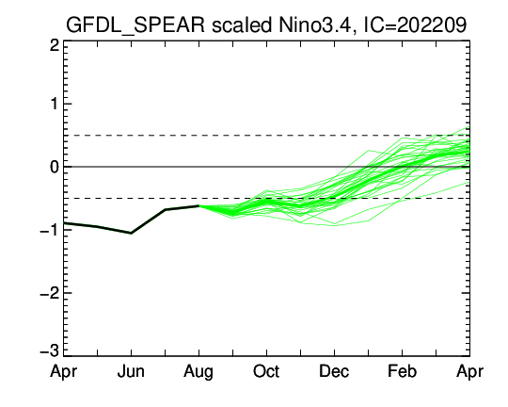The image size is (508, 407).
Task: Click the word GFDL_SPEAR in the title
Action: (x=135, y=25)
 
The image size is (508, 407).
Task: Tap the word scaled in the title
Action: (x=242, y=24)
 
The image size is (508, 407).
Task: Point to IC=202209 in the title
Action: (x=416, y=24)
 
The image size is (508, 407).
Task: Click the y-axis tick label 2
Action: (x=55, y=46)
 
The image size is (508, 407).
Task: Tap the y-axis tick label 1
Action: (x=55, y=105)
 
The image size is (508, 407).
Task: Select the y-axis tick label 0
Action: (x=55, y=167)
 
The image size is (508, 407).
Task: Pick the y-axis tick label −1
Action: (x=50, y=230)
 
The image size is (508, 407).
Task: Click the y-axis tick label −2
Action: (x=50, y=293)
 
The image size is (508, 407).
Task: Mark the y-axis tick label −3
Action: (x=50, y=351)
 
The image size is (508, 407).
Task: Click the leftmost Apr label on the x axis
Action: (x=64, y=371)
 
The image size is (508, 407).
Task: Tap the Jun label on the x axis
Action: (x=131, y=371)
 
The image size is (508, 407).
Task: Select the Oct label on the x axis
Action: (x=266, y=371)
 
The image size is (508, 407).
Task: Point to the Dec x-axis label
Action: (x=334, y=371)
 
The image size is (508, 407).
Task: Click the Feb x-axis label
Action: (x=402, y=371)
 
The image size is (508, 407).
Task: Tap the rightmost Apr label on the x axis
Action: (x=469, y=371)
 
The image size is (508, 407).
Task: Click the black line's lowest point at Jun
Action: (x=131, y=233)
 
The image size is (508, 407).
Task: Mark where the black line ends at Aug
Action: (x=198, y=205)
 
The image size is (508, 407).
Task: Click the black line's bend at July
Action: (x=165, y=210)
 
